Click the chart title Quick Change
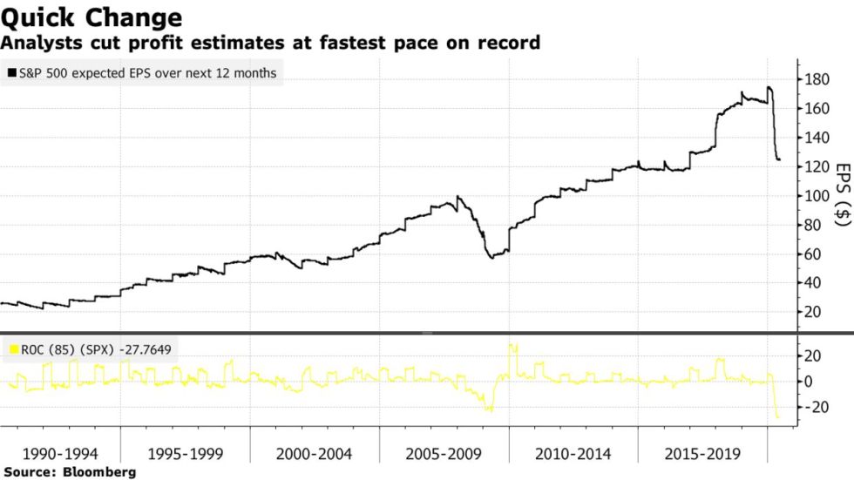pyautogui.click(x=91, y=17)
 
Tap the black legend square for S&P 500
pyautogui.click(x=11, y=74)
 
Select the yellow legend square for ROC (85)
pyautogui.click(x=11, y=349)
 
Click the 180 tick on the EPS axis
pyautogui.click(x=817, y=79)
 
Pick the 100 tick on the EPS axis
pyautogui.click(x=817, y=196)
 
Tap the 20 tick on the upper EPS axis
pyautogui.click(x=814, y=312)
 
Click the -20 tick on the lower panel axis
pyautogui.click(x=814, y=407)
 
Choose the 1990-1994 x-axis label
pyautogui.click(x=60, y=454)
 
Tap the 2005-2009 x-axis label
pyautogui.click(x=443, y=454)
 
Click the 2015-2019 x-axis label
pyautogui.click(x=701, y=454)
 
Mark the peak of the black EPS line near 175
pyautogui.click(x=769, y=87)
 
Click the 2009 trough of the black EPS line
pyautogui.click(x=492, y=258)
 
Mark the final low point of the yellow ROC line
pyautogui.click(x=778, y=418)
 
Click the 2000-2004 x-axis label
pyautogui.click(x=314, y=454)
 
